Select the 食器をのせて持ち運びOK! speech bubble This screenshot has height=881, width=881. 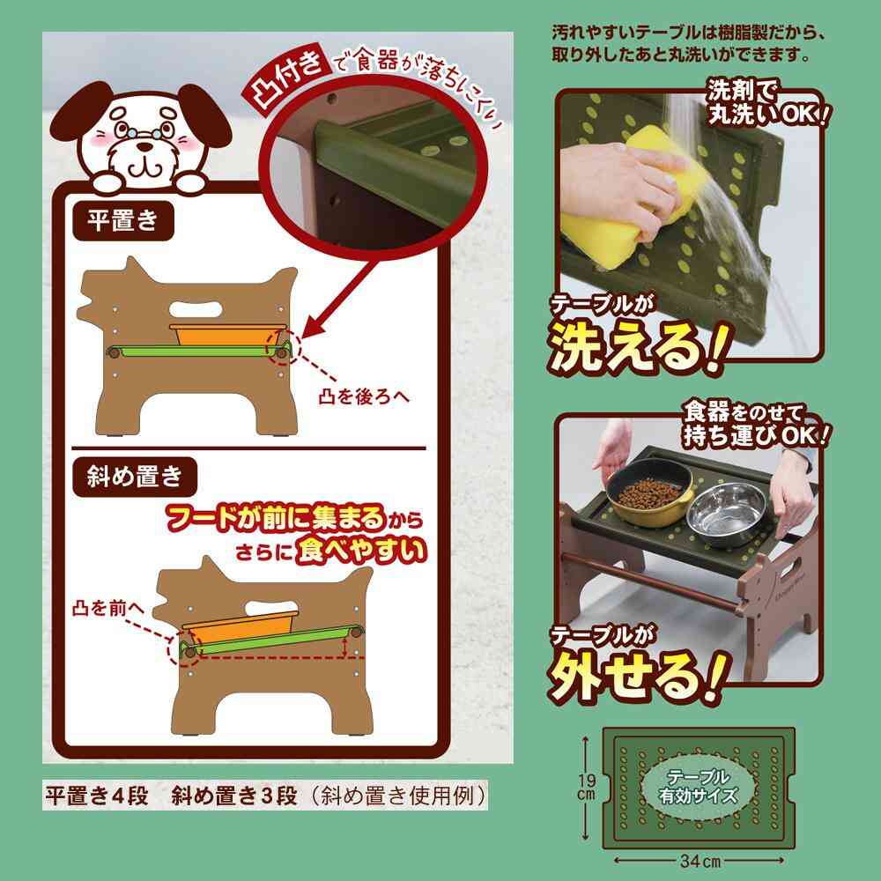[756, 423]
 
